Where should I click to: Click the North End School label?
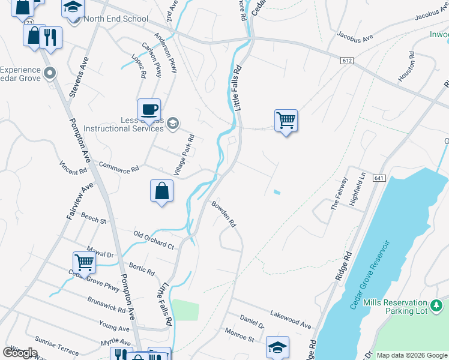coord(116,19)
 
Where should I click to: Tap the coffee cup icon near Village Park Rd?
coord(149,110)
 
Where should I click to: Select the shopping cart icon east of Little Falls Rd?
coord(286,121)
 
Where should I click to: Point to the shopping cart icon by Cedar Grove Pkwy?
coord(84,262)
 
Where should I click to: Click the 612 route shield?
coord(346,61)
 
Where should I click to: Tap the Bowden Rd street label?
coord(223,214)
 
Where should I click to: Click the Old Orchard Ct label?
coord(154,240)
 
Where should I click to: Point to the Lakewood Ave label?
coord(291,319)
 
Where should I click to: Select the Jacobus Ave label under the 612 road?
coord(355,37)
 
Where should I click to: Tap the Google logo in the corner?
coord(20,352)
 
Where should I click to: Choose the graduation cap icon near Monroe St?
coord(277,347)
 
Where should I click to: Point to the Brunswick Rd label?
coord(106,304)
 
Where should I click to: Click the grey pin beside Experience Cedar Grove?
coord(49,73)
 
